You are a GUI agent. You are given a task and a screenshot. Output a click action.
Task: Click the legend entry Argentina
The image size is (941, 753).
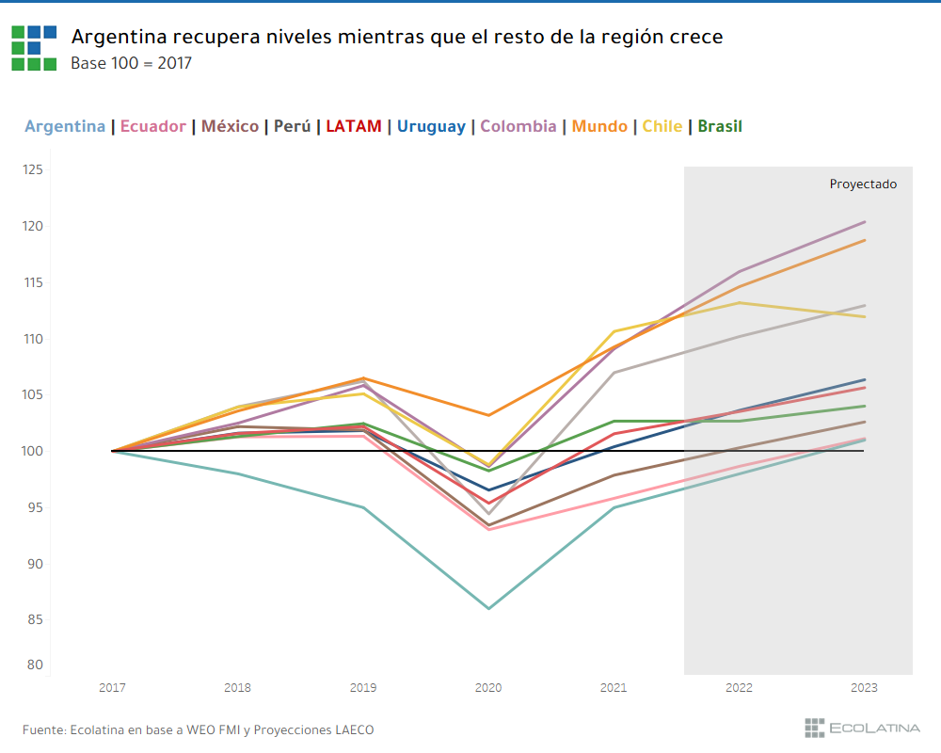(x=65, y=126)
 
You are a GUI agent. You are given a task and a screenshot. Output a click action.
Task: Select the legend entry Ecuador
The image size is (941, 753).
(x=153, y=126)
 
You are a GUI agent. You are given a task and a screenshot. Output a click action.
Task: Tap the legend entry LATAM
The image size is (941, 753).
(x=354, y=126)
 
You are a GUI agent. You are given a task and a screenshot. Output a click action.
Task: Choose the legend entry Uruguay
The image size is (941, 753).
(x=431, y=126)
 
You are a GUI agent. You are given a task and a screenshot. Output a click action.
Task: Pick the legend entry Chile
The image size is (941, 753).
(x=662, y=126)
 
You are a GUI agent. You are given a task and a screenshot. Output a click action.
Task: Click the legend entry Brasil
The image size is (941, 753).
(x=720, y=126)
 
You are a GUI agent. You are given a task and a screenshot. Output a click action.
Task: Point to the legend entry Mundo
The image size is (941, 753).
(x=599, y=126)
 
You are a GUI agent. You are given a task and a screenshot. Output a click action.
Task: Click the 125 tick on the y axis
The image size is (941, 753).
(x=33, y=170)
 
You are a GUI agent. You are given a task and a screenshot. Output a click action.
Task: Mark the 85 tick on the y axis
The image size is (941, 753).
(x=35, y=620)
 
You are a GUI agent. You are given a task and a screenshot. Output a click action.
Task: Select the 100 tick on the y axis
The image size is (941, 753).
(x=33, y=452)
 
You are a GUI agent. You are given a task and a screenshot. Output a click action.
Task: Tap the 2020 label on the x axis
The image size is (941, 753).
(x=488, y=689)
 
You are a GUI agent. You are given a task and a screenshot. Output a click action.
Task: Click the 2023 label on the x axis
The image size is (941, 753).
(x=864, y=689)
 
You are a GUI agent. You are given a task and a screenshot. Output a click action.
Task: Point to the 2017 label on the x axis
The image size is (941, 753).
(x=112, y=689)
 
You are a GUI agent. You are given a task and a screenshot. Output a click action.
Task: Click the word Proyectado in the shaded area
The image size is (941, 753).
(x=863, y=184)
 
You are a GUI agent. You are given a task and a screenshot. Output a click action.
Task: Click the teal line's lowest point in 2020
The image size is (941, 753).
(x=488, y=608)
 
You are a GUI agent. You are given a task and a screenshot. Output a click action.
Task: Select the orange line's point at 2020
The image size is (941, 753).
(x=488, y=415)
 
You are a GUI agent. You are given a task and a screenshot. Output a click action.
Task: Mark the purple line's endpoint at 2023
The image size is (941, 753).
(x=864, y=222)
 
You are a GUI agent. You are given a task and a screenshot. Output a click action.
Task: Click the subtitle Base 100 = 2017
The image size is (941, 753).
(x=131, y=63)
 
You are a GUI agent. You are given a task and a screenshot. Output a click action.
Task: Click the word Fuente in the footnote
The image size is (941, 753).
(x=43, y=729)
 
